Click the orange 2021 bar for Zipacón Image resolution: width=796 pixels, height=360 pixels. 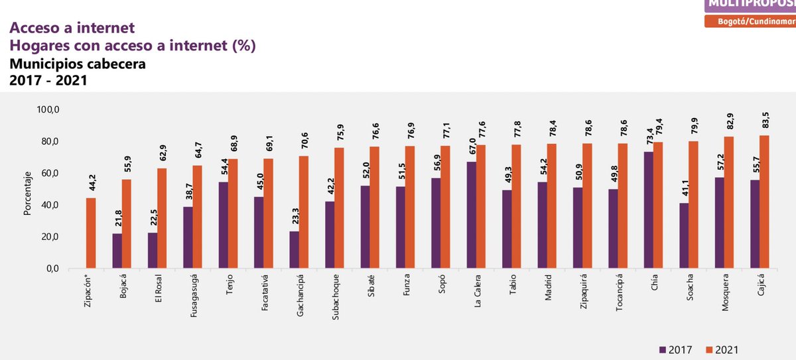(91, 233)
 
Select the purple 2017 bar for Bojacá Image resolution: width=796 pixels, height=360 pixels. (117, 251)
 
